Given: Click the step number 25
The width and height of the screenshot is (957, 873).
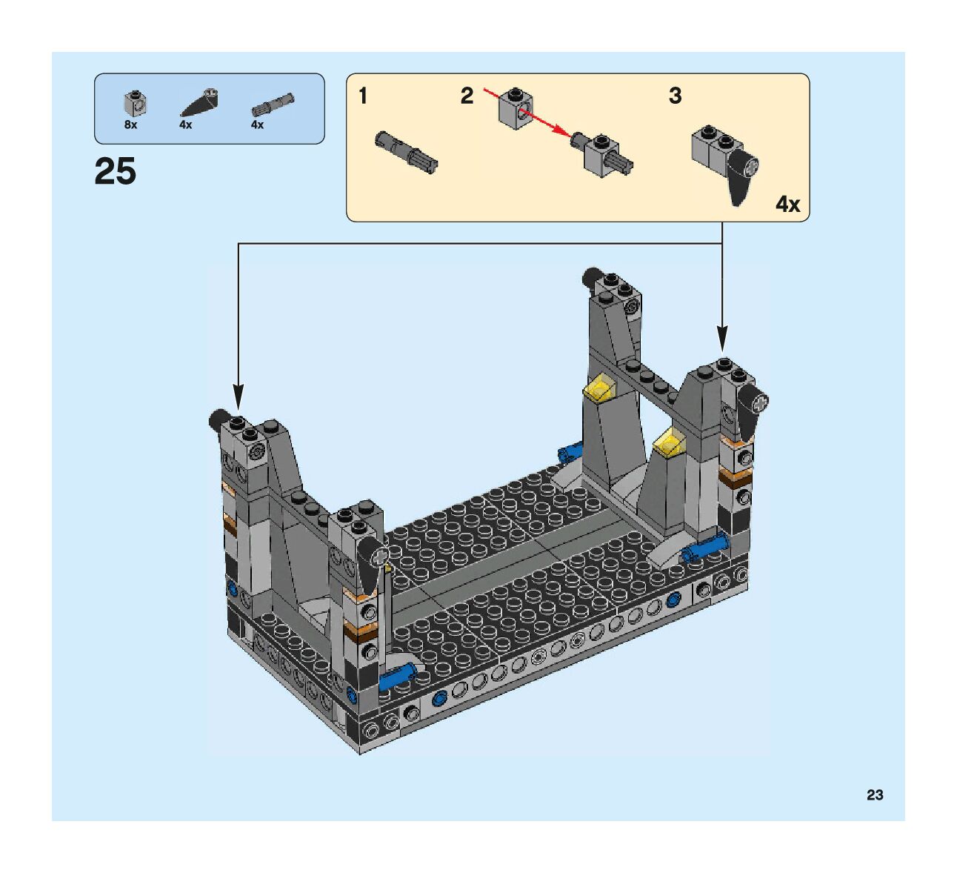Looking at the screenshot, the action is coord(116,172).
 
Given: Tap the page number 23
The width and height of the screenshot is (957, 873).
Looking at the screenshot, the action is coord(875,795).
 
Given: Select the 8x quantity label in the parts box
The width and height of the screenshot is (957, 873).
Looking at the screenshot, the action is coord(131,125).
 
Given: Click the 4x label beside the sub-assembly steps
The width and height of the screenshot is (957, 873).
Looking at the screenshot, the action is coord(787,204).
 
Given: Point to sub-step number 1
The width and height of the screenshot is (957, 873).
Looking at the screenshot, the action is coord(363,96).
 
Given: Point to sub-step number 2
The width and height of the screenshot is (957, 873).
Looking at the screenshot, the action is coord(467,96).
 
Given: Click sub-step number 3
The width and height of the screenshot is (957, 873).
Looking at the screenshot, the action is coord(675,96).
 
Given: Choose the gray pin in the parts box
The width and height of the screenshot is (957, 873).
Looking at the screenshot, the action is coord(273,103).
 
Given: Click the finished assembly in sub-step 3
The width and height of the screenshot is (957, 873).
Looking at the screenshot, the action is coord(727,164).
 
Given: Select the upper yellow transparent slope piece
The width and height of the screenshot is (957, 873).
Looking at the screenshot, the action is coord(599,388).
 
